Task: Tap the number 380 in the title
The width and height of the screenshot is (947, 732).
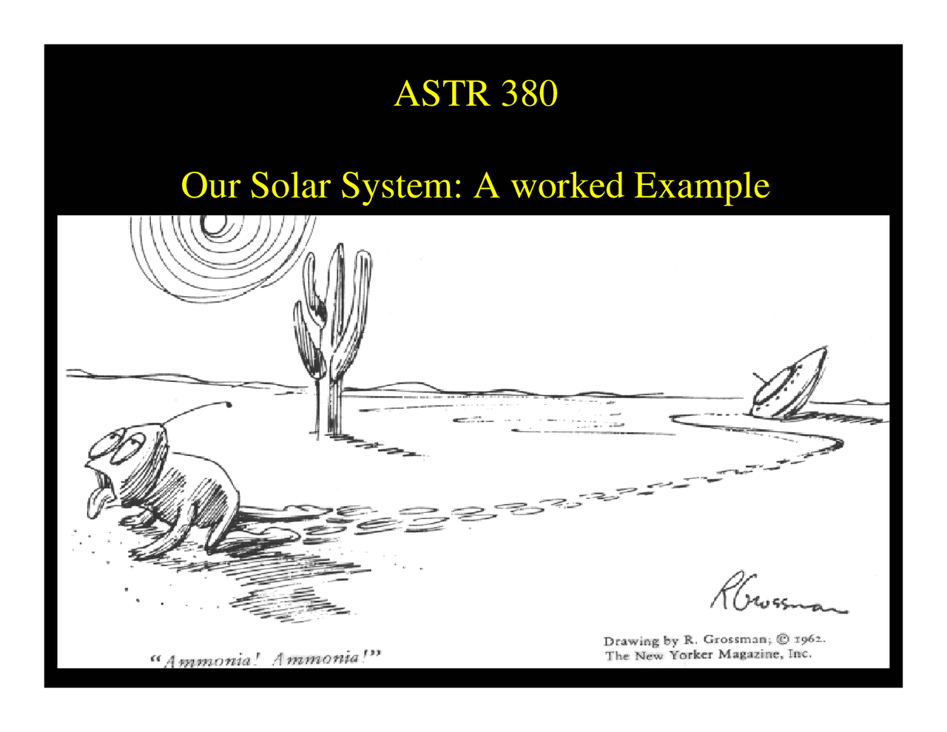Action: [528, 93]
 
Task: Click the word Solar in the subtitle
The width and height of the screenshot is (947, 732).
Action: [289, 185]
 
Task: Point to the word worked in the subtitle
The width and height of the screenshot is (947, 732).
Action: [567, 185]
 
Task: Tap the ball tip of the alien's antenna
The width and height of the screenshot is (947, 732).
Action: [228, 404]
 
